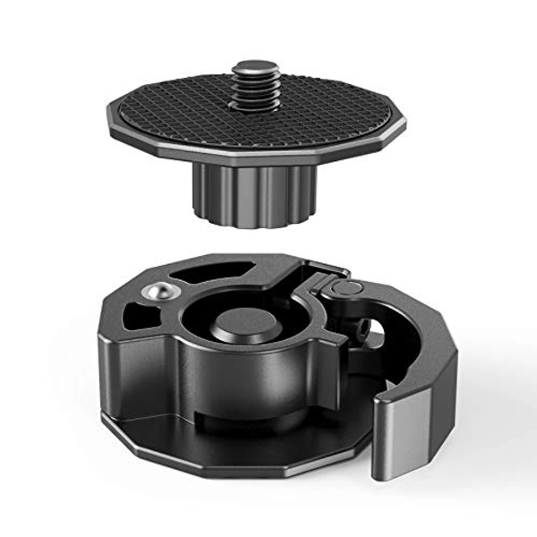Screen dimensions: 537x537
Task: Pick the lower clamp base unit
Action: (x=268, y=367)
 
